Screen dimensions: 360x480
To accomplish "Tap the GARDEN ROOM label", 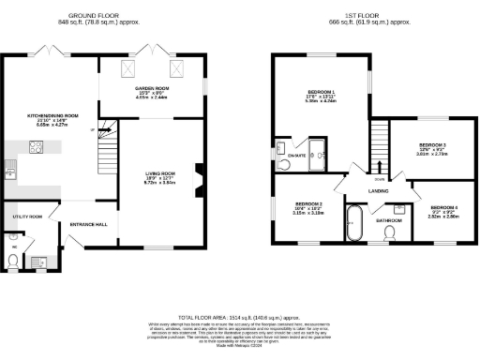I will (x=151, y=86).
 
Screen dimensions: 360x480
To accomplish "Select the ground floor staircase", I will (x=109, y=150).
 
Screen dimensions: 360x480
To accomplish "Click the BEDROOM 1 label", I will (x=321, y=92).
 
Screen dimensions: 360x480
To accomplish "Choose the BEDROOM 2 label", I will (x=308, y=204).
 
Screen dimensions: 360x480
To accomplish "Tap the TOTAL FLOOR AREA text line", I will (x=239, y=319).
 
